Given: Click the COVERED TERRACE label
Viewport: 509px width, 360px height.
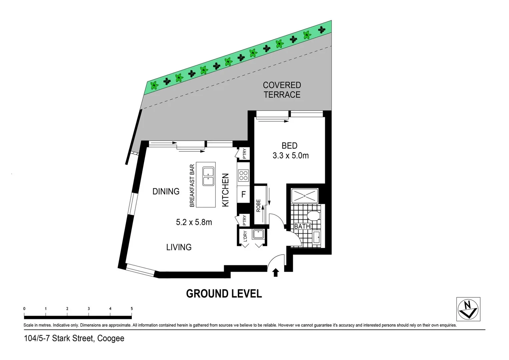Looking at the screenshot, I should [x=282, y=90].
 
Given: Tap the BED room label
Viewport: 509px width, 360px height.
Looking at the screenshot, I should [x=289, y=146].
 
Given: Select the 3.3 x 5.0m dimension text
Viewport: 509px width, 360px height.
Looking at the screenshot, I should [x=291, y=156].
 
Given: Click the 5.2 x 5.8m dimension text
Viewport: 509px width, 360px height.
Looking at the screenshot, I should [x=194, y=222].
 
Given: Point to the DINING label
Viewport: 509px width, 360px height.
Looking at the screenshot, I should [x=166, y=191].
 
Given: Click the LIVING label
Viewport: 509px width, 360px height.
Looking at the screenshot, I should [x=179, y=247].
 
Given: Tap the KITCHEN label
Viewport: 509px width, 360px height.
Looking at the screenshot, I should [x=225, y=190].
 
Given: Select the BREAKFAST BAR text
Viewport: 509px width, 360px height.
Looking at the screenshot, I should [x=192, y=186].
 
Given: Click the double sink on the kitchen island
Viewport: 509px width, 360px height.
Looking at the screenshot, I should [x=208, y=177].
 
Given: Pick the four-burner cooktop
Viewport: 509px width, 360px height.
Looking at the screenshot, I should [x=243, y=175].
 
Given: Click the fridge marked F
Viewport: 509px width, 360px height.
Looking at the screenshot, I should [x=243, y=194].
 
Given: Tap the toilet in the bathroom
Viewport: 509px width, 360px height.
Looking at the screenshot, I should [x=313, y=215].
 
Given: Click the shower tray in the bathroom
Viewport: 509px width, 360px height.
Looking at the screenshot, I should [x=305, y=196].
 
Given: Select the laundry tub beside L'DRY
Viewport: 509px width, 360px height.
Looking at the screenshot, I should [x=258, y=234].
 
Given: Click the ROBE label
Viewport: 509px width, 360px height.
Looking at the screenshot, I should [x=259, y=206].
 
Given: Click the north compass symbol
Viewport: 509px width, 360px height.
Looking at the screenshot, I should [x=468, y=309].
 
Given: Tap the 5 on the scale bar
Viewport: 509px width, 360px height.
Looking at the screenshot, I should [x=132, y=309].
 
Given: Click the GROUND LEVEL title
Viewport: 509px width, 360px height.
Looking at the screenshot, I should [x=224, y=294].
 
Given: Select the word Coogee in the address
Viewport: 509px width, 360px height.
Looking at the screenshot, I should [x=111, y=338].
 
